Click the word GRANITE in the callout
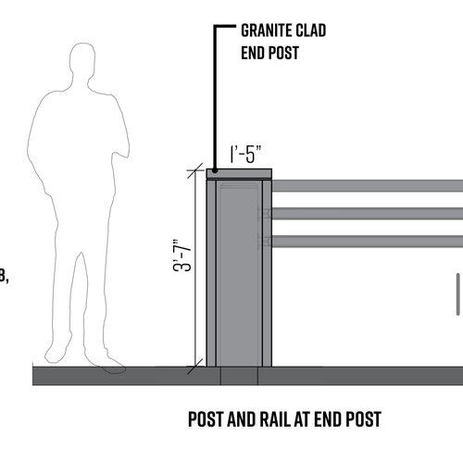coord(266,31)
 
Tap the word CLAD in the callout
coord(311,31)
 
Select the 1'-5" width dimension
coord(245,154)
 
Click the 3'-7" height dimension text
coord(182,256)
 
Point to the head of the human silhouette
coord(82,60)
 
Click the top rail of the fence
coord(368,186)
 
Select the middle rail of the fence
coord(368,214)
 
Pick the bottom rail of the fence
coord(368,241)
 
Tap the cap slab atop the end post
coord(239,174)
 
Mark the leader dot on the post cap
coord(215,170)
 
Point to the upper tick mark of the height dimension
coord(195,170)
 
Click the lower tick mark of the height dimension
coord(195,367)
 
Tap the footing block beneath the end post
coord(239,376)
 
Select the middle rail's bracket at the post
coord(265,214)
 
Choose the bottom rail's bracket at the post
coord(265,241)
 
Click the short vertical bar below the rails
coord(458,294)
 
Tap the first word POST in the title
coord(206,419)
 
